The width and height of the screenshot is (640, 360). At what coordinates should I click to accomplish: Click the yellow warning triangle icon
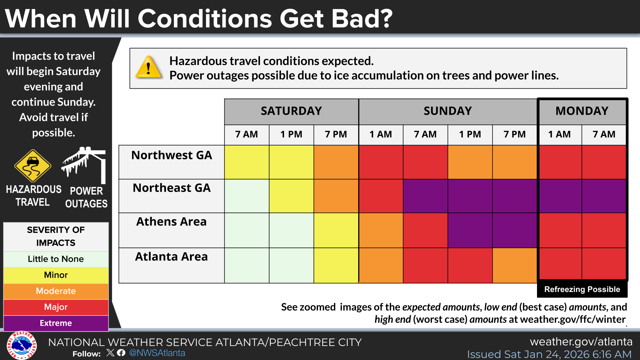point(149,67)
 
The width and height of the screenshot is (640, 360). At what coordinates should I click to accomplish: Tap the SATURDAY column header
point(291,111)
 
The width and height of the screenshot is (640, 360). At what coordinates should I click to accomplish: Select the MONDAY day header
point(582,111)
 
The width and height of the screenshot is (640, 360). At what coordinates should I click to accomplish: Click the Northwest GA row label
point(172,155)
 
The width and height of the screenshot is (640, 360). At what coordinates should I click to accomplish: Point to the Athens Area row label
point(171,222)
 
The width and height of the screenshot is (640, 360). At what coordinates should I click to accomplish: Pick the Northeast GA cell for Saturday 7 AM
point(247,196)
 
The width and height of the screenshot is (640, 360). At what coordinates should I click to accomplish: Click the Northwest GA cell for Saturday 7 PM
point(336,162)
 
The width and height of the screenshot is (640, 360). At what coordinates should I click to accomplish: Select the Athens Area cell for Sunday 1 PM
point(470,230)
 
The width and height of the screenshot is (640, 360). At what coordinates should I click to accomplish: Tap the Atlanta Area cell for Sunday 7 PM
point(515,266)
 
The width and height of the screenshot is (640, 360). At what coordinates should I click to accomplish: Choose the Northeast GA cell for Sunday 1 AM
point(381,196)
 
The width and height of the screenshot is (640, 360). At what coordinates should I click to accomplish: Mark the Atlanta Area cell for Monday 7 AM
point(604,264)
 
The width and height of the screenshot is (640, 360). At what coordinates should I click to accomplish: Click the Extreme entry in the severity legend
point(56,323)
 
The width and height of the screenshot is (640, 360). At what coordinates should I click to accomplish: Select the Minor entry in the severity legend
point(56,275)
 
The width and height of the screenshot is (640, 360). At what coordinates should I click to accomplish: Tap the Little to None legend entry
point(56,259)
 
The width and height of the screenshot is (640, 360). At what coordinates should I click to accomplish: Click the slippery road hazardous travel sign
point(33,166)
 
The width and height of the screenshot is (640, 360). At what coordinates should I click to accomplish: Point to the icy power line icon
point(84,165)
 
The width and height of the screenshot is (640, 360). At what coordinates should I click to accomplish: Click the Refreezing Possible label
point(582,289)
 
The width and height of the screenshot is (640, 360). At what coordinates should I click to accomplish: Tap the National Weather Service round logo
point(22,345)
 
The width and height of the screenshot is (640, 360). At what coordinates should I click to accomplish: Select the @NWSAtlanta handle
point(157,353)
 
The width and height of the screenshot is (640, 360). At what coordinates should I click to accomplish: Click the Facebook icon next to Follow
point(121,353)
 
